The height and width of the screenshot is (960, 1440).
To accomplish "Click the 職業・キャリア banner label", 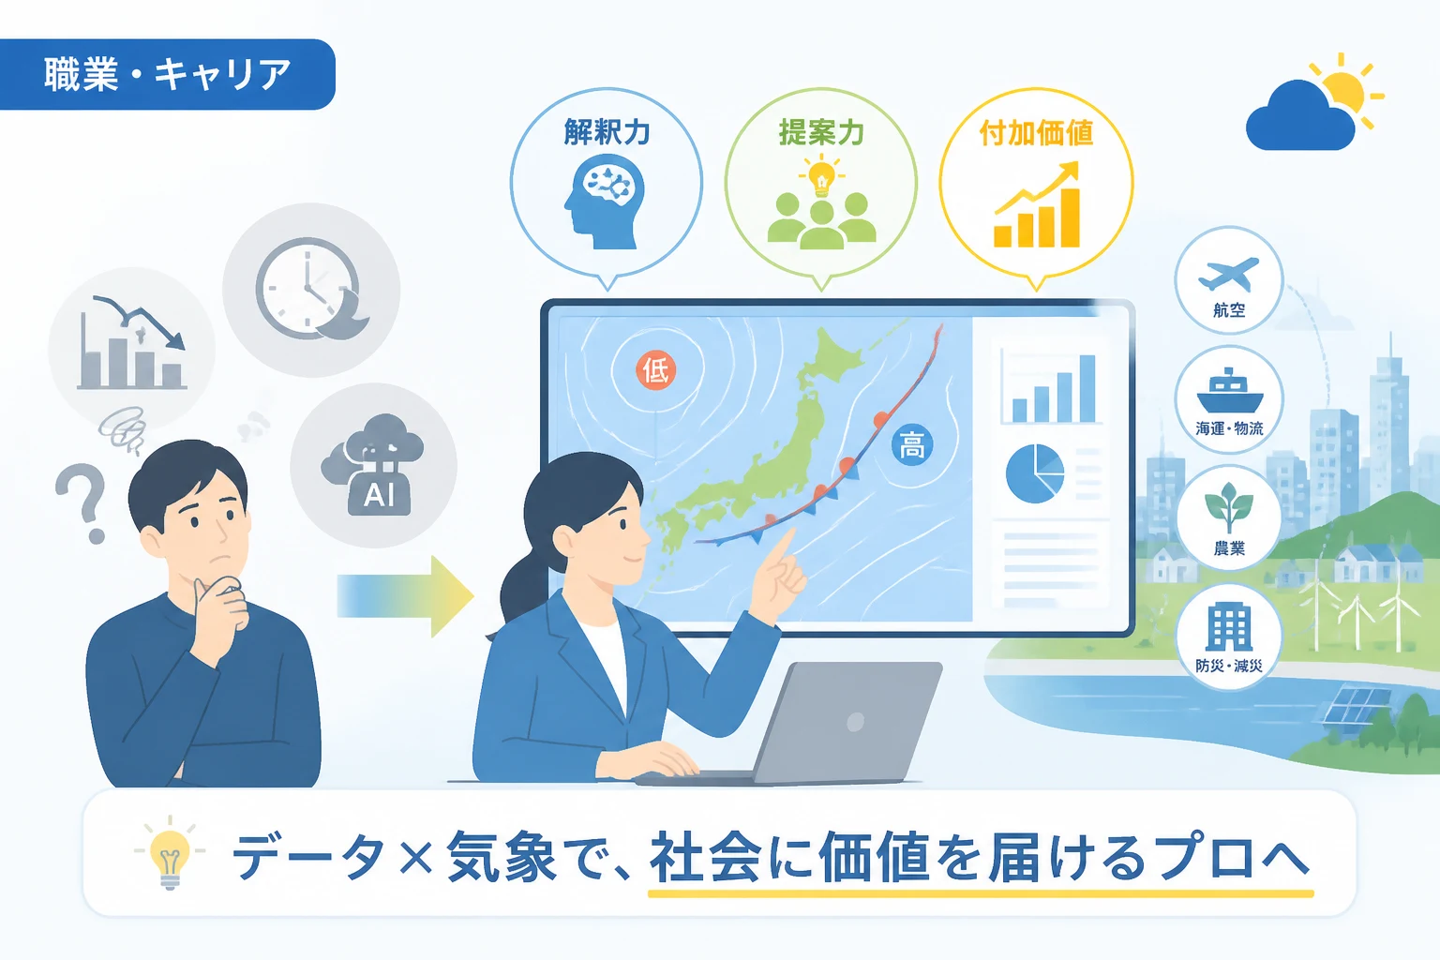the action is pyautogui.click(x=167, y=74).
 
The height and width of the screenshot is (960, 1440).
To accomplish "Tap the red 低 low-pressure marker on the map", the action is pyautogui.click(x=655, y=370).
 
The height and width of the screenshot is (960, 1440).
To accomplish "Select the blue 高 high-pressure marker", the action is pyautogui.click(x=911, y=445).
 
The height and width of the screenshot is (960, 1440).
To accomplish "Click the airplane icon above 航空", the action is pyautogui.click(x=1228, y=275).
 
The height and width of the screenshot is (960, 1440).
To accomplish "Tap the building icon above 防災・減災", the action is pyautogui.click(x=1228, y=627).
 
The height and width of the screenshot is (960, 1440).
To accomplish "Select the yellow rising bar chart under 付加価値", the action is pyautogui.click(x=1036, y=204).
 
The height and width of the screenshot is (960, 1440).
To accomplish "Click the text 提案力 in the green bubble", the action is pyautogui.click(x=821, y=132).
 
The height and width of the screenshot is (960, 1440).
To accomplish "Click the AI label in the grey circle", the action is pyautogui.click(x=379, y=495).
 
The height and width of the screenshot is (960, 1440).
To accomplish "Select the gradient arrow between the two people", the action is pyautogui.click(x=406, y=596).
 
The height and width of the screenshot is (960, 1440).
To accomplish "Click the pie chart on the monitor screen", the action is pyautogui.click(x=1034, y=473).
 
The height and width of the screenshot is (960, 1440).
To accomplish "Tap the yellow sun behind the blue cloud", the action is pyautogui.click(x=1342, y=93).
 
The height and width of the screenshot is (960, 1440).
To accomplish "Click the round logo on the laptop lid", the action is pyautogui.click(x=855, y=722).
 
